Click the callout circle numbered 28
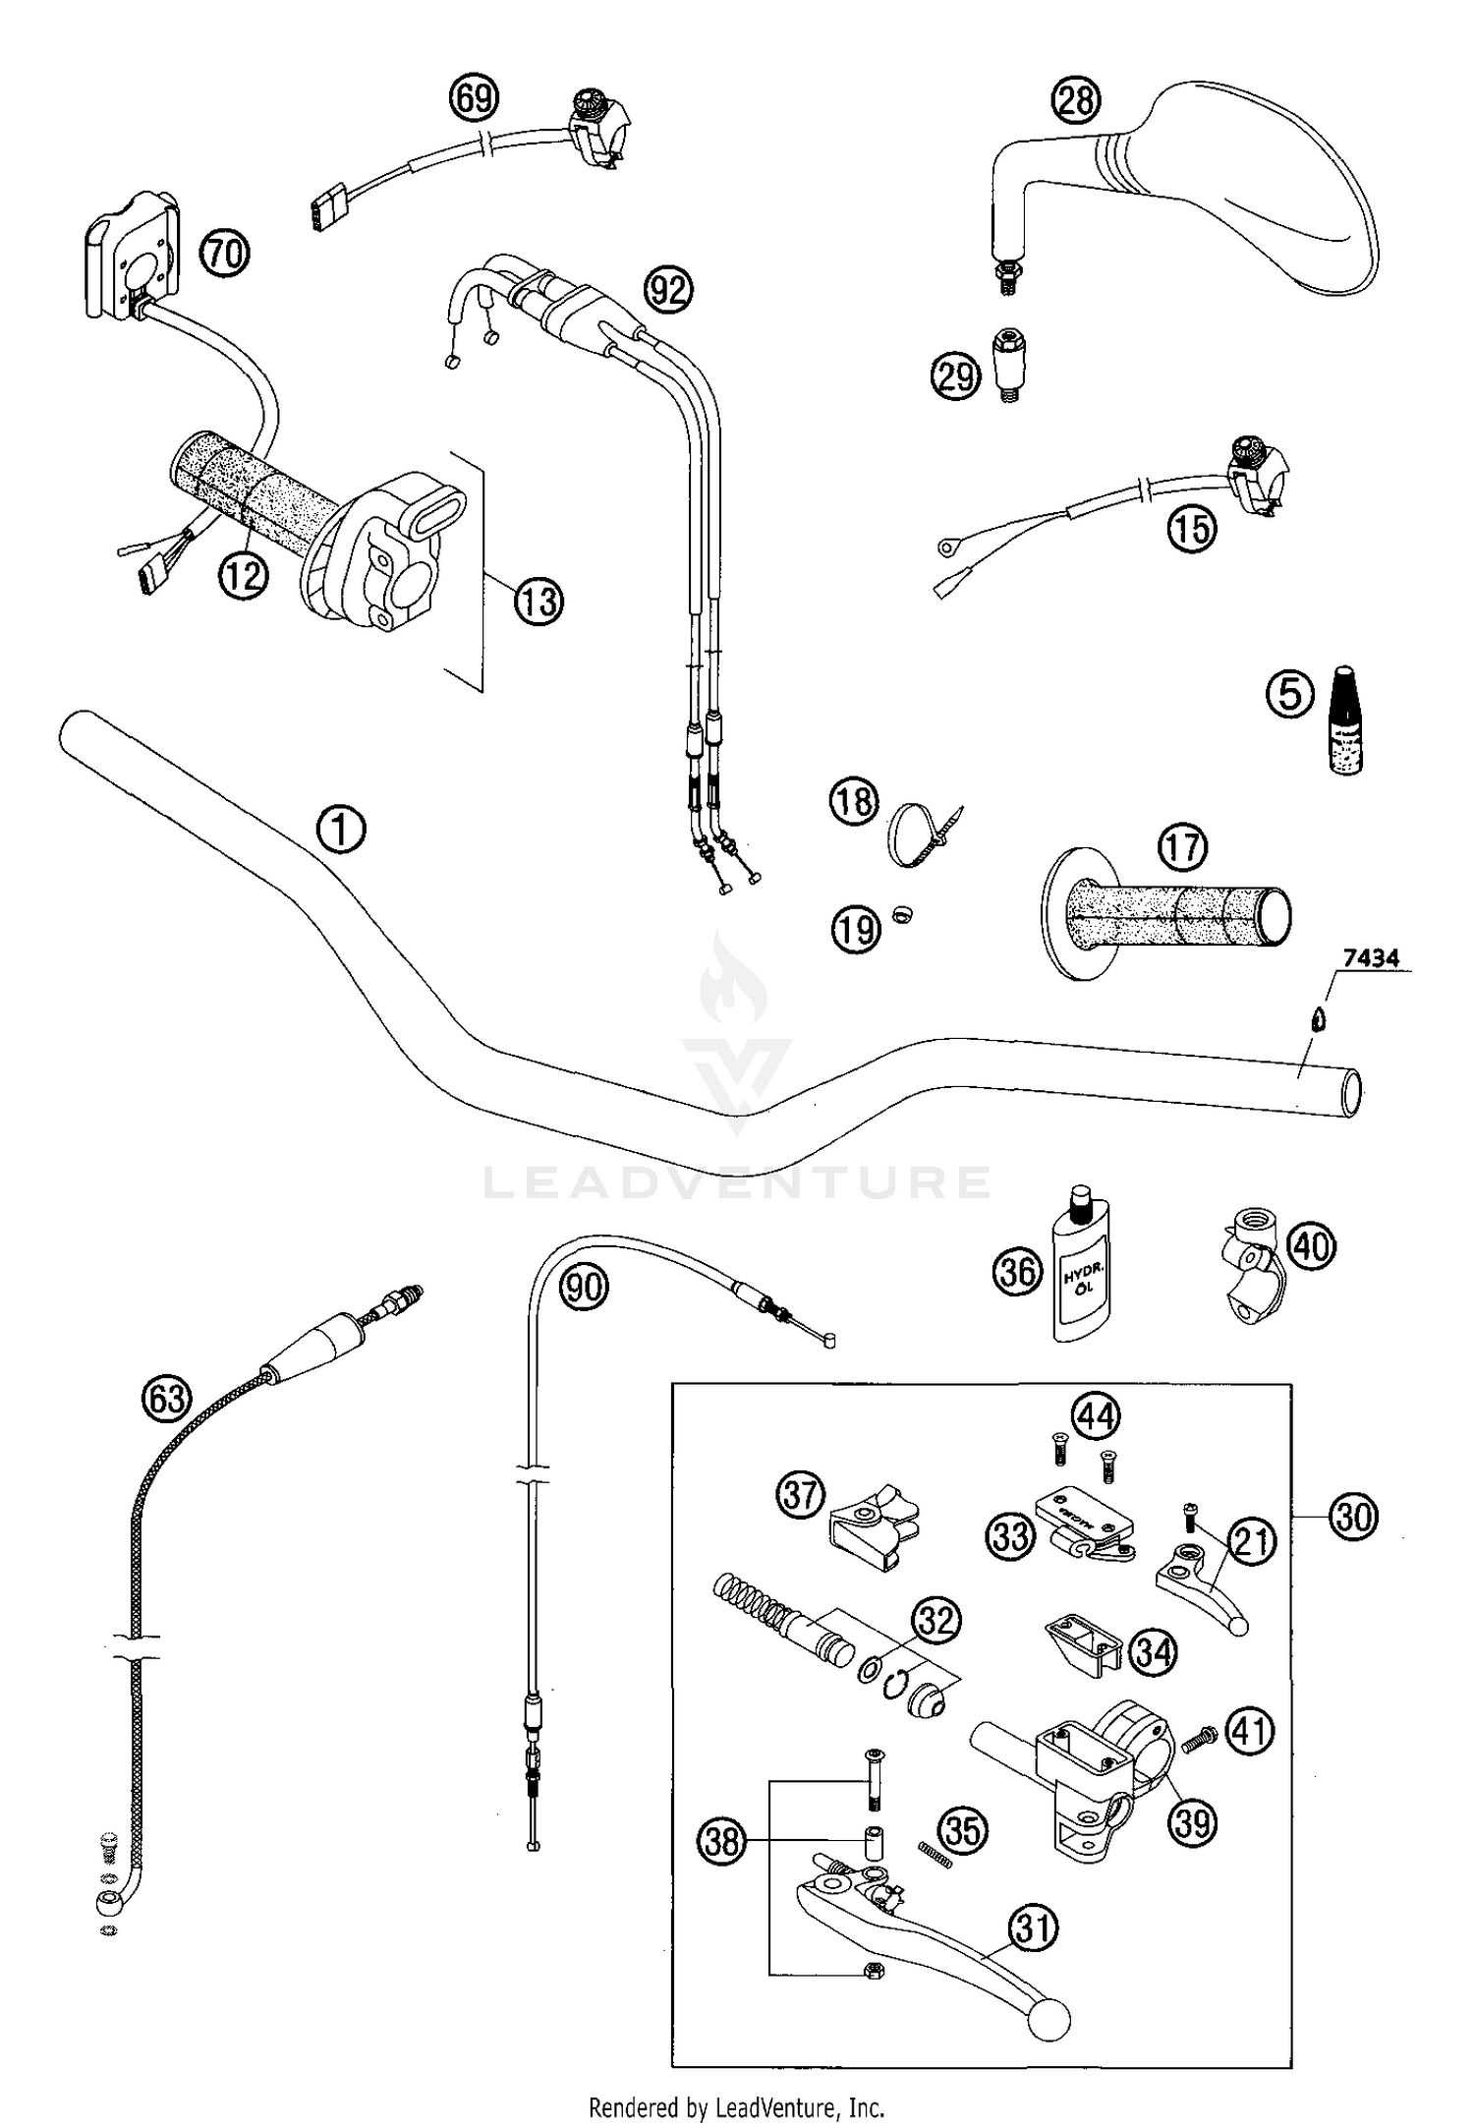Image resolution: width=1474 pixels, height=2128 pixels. [x=1076, y=99]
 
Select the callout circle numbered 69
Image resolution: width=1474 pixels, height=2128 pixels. [x=474, y=98]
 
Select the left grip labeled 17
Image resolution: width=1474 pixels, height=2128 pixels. [x=1169, y=913]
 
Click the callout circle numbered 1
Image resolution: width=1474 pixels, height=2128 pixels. [x=341, y=830]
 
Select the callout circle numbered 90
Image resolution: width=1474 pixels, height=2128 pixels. [x=585, y=1286]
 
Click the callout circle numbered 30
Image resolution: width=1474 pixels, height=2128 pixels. [x=1353, y=1518]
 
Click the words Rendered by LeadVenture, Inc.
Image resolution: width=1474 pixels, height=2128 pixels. [x=736, y=2106]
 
